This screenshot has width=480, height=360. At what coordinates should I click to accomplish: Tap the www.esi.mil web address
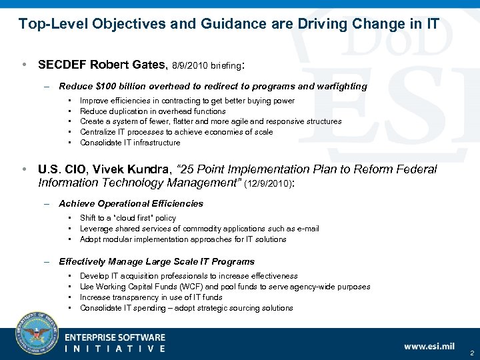coord(429,345)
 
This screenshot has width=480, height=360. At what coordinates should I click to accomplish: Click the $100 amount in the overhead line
coord(105,86)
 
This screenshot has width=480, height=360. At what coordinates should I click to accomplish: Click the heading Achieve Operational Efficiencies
coord(131,203)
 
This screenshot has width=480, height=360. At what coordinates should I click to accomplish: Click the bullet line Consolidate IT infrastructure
coord(129,143)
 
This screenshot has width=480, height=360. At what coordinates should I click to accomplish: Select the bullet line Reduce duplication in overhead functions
coord(153,111)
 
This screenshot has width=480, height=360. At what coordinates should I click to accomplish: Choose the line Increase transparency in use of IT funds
coord(151,297)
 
